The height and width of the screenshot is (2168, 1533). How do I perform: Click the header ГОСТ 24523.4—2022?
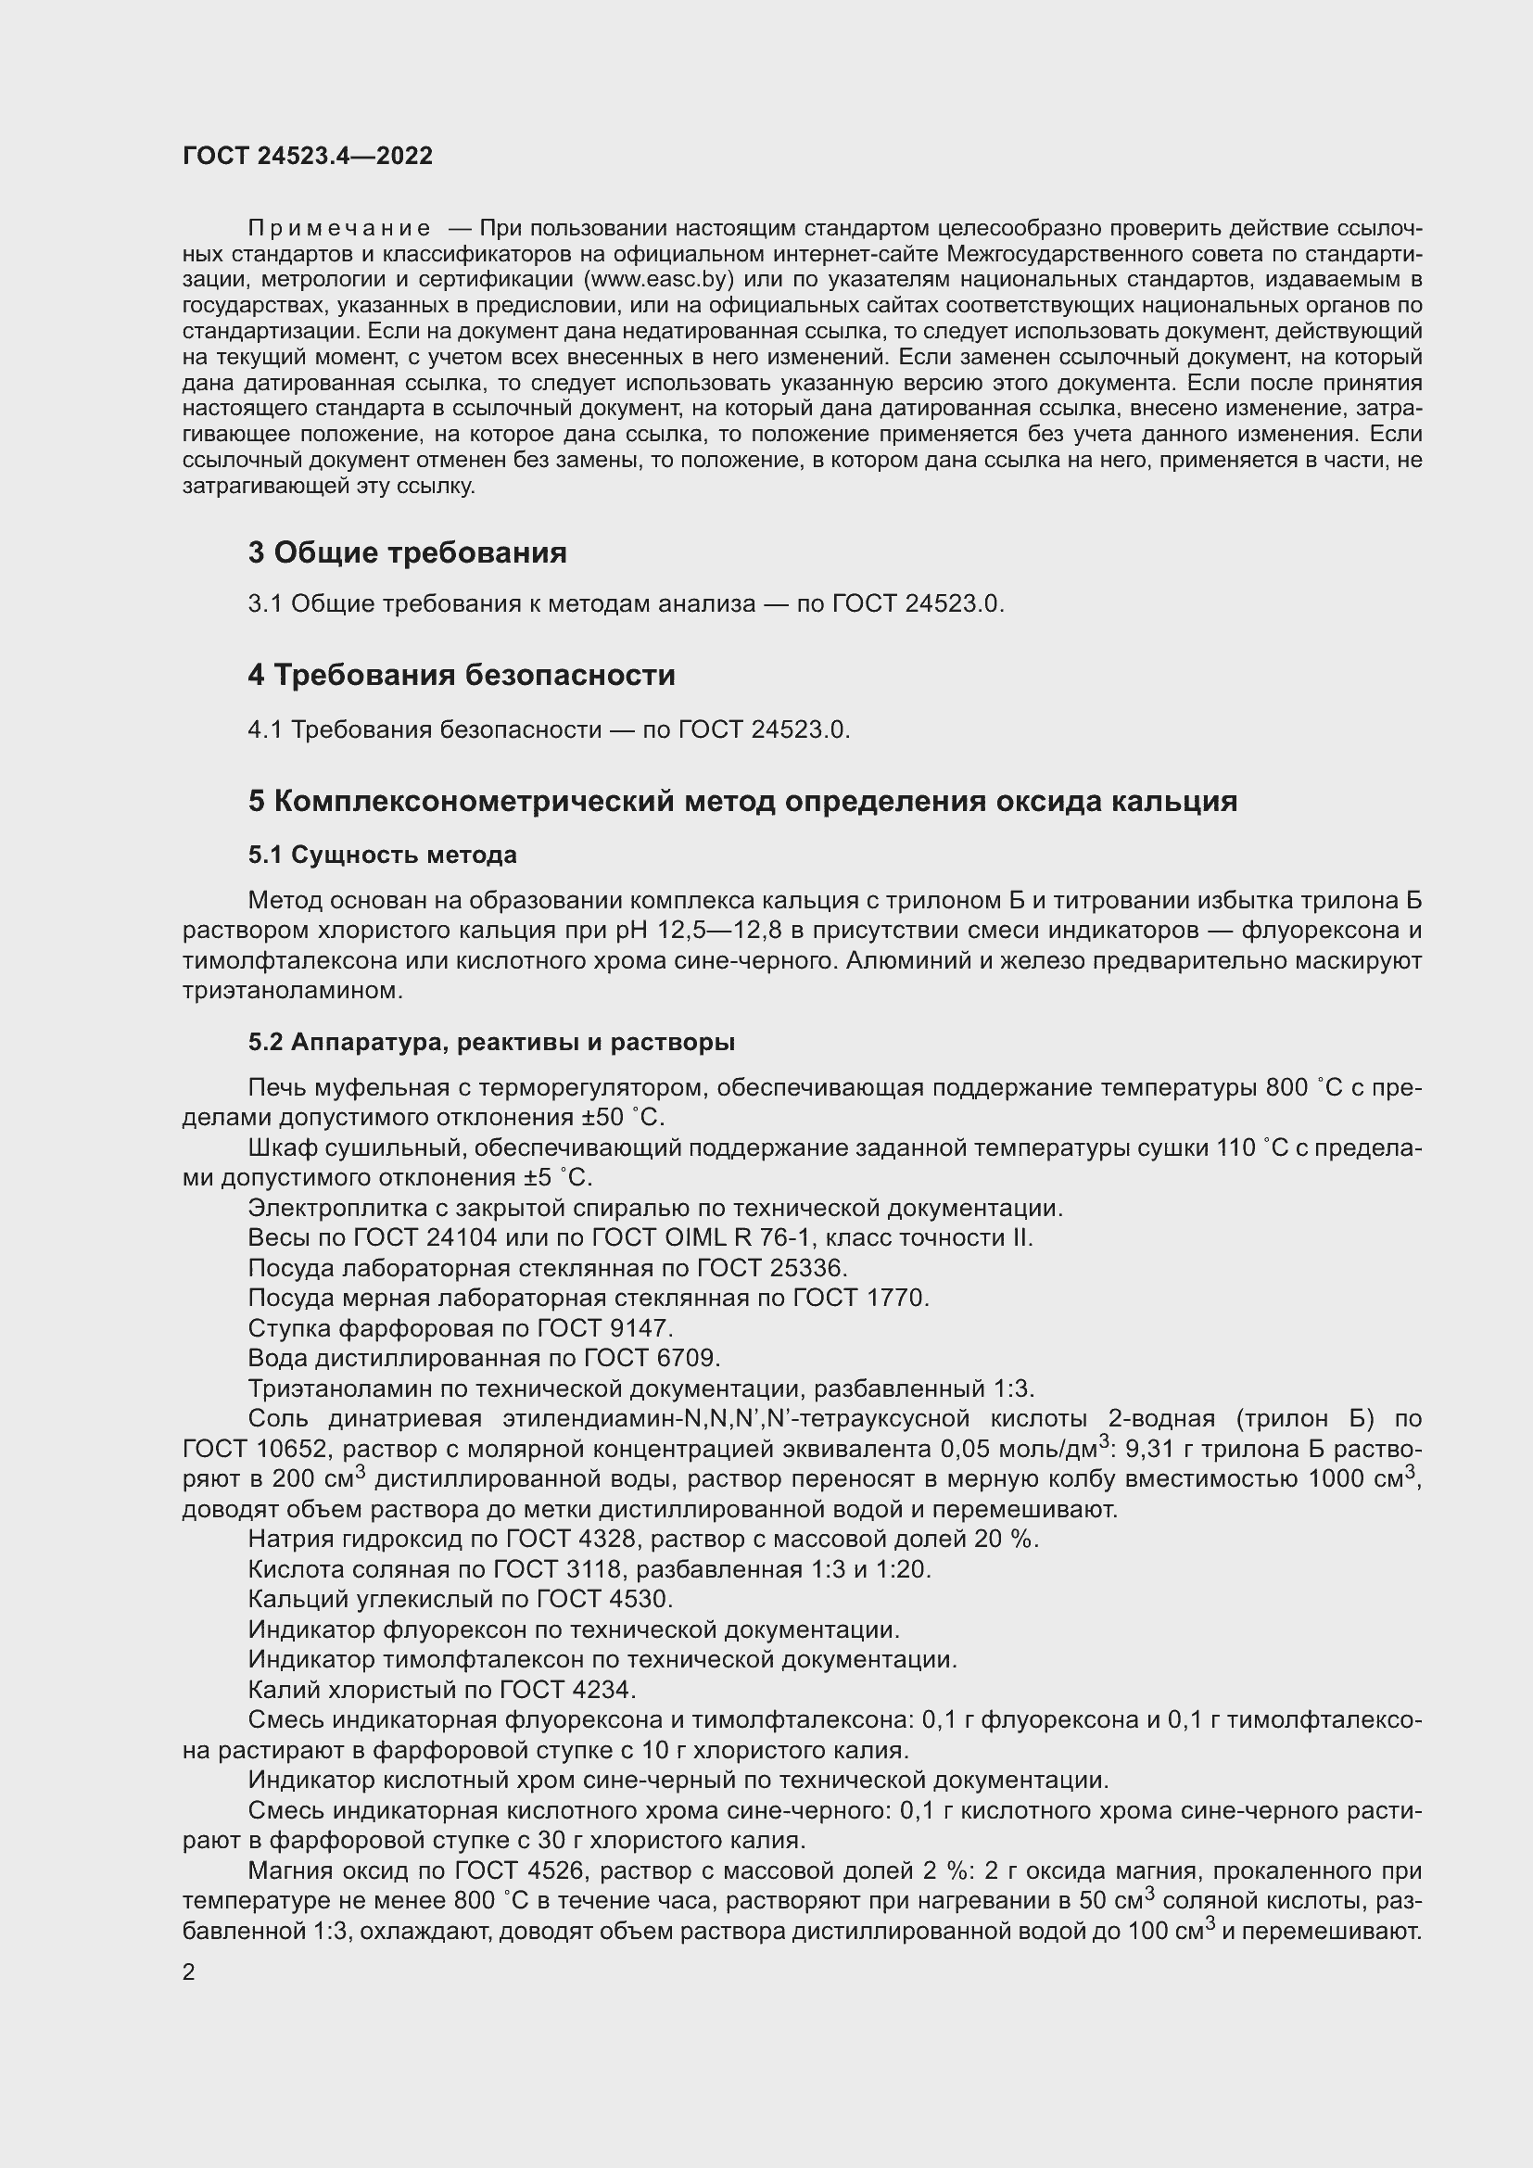[x=308, y=156]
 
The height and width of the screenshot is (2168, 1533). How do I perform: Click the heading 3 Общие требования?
[x=407, y=552]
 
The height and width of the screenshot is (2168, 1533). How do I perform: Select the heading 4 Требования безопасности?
[x=462, y=675]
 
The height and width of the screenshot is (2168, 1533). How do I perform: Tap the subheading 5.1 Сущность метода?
[x=382, y=855]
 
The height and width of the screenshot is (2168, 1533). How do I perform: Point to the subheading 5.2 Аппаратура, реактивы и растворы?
[x=491, y=1043]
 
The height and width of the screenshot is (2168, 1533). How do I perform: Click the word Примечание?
[x=339, y=229]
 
